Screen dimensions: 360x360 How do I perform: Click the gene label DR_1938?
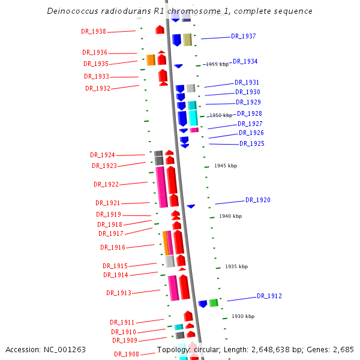pyautogui.click(x=94, y=32)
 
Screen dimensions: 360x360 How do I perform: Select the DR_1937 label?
pyautogui.click(x=244, y=37)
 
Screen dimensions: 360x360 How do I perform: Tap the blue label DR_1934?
pyautogui.click(x=245, y=61)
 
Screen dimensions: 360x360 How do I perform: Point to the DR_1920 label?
pyautogui.click(x=258, y=200)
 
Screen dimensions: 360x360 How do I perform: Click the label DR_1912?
pyautogui.click(x=269, y=296)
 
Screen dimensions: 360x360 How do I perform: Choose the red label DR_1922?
pyautogui.click(x=106, y=184)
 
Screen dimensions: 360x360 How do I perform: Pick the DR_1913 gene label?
pyautogui.click(x=119, y=293)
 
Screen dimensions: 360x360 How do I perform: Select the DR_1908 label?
pyautogui.click(x=127, y=354)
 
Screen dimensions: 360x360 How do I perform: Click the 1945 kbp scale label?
pyautogui.click(x=226, y=166)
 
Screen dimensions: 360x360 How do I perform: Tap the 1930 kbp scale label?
pyautogui.click(x=243, y=316)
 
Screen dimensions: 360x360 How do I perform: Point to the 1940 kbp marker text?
pyautogui.click(x=230, y=216)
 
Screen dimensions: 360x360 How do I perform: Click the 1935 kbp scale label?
pyautogui.click(x=236, y=266)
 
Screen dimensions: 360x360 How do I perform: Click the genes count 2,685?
pyautogui.click(x=344, y=349)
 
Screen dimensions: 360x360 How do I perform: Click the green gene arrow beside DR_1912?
pyautogui.click(x=213, y=303)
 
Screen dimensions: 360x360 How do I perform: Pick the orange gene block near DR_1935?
pyautogui.click(x=151, y=59)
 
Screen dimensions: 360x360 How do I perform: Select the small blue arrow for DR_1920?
pyautogui.click(x=191, y=206)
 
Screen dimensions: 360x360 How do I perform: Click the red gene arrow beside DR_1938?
pyautogui.click(x=160, y=29)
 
